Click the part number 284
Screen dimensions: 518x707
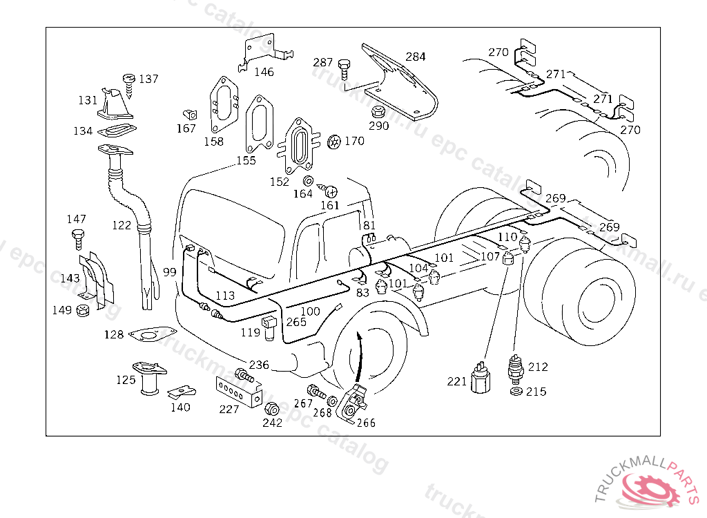coord(416,57)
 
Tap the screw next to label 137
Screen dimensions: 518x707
coord(129,81)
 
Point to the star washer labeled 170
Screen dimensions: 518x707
coord(334,142)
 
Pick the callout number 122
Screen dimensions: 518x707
coord(121,225)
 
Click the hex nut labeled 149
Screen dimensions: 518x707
coord(83,311)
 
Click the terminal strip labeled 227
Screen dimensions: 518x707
coord(238,392)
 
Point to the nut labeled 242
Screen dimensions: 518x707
coord(272,407)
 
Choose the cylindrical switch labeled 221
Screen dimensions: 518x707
coord(479,378)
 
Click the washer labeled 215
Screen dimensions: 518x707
coord(515,392)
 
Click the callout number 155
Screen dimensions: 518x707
coord(246,160)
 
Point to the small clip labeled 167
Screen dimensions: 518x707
coord(189,113)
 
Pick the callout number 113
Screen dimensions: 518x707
coord(225,296)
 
